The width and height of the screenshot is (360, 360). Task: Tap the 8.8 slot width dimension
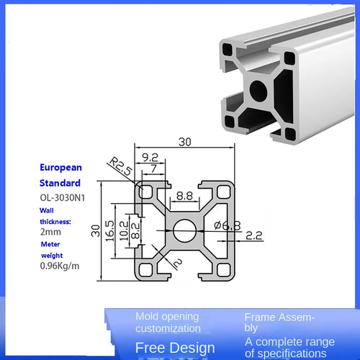(x=184, y=194)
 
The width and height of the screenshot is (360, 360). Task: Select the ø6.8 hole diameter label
(x=227, y=225)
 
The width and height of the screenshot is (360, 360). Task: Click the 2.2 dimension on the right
(x=254, y=235)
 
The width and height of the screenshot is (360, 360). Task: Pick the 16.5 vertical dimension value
(x=109, y=232)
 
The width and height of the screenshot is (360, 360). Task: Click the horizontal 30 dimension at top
(x=186, y=143)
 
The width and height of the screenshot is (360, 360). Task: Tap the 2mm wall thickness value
(x=50, y=232)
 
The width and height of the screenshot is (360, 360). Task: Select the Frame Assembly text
(x=279, y=321)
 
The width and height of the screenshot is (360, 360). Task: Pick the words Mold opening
(x=167, y=316)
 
